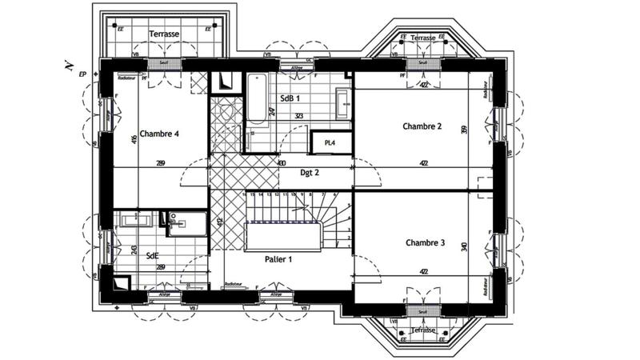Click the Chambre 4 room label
[158, 134]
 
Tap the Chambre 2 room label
[422, 126]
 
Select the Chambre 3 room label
[425, 242]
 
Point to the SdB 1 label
[290, 98]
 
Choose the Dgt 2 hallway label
[310, 172]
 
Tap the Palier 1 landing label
[279, 259]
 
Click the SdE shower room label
[151, 255]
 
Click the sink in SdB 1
[342, 102]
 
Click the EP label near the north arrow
[82, 74]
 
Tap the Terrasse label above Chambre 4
[164, 34]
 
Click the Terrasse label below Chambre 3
[422, 330]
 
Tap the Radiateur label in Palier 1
[234, 284]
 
